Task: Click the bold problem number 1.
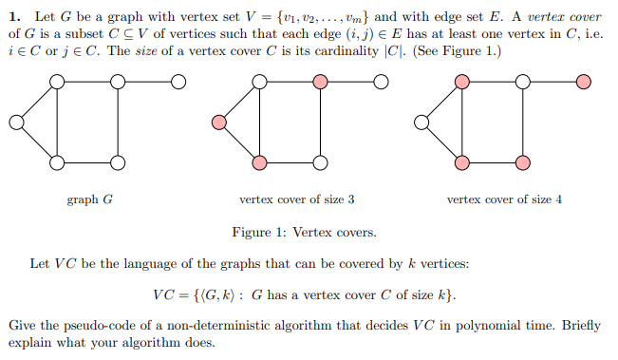(13, 16)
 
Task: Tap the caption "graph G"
(90, 199)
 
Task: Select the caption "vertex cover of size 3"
(297, 199)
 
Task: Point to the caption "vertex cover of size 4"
(504, 199)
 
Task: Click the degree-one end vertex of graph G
(177, 83)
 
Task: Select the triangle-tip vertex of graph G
(13, 122)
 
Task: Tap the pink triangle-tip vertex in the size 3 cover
(219, 122)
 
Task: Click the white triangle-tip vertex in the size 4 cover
(423, 122)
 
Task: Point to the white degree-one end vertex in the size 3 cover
(382, 83)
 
